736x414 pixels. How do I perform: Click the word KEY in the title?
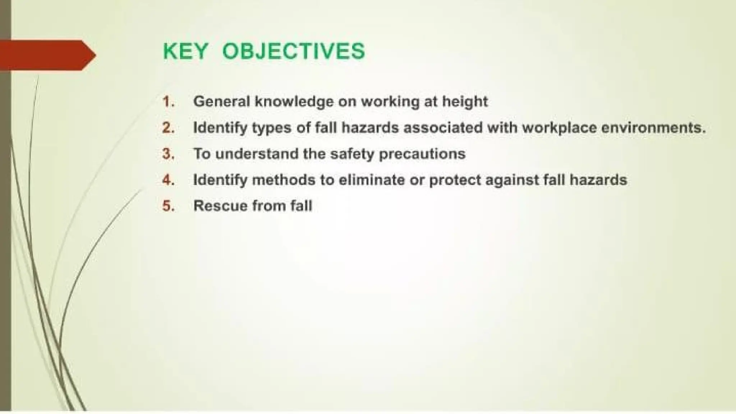(185, 51)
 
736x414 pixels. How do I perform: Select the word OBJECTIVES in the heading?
(294, 51)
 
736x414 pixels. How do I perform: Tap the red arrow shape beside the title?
(47, 55)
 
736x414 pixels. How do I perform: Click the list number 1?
(168, 102)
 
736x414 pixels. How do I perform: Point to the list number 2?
(168, 128)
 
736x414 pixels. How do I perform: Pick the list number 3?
(168, 154)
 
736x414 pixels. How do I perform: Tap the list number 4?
(168, 180)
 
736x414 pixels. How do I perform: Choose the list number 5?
(168, 206)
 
